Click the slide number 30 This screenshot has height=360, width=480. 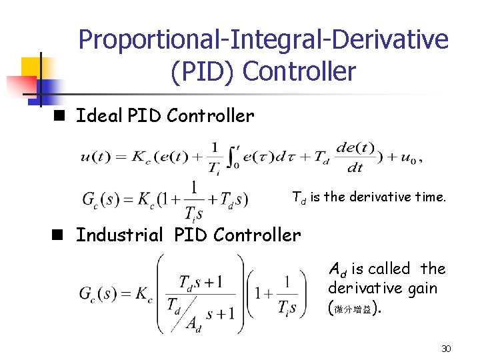pyautogui.click(x=447, y=349)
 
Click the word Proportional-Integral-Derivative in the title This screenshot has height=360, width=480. pyautogui.click(x=263, y=40)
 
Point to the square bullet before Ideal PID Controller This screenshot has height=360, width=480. pyautogui.click(x=59, y=116)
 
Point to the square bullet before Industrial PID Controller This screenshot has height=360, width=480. pyautogui.click(x=59, y=235)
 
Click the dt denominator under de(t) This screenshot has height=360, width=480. pyautogui.click(x=355, y=169)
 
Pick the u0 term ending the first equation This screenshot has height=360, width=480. pyautogui.click(x=407, y=158)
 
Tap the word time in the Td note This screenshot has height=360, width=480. pyautogui.click(x=431, y=197)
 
